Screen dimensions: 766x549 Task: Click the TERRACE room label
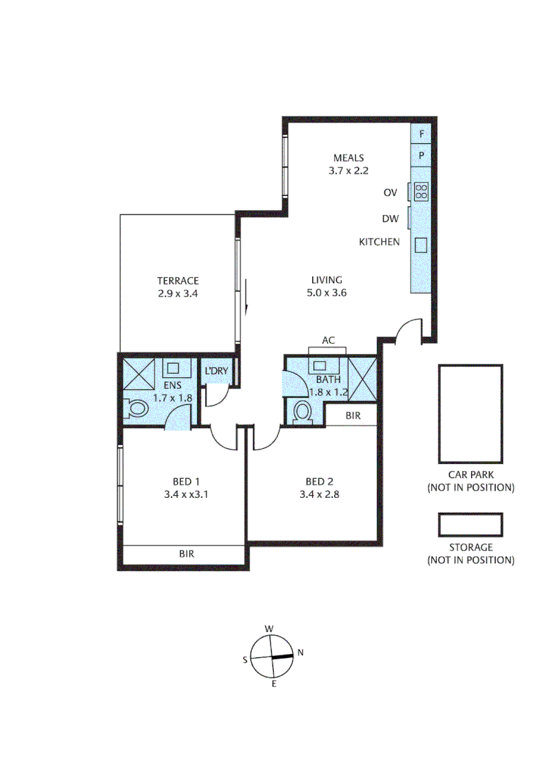[x=177, y=280]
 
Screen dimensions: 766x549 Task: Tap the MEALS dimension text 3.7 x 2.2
[x=348, y=170]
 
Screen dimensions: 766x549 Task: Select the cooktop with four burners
[x=421, y=191]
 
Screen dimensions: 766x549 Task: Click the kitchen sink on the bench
[x=421, y=244]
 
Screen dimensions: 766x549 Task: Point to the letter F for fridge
[x=421, y=133]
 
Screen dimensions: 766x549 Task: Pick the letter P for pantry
[x=421, y=155]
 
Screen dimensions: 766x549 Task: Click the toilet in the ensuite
[x=137, y=409]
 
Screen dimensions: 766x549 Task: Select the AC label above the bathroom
[x=328, y=340]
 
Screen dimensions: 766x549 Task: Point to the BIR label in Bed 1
[x=187, y=554]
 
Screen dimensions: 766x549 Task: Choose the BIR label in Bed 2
[x=353, y=416]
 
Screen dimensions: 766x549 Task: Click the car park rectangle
[x=470, y=413]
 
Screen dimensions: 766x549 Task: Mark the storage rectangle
[x=470, y=525]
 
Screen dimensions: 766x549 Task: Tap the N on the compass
[x=300, y=653]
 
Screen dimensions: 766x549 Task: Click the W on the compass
[x=269, y=628]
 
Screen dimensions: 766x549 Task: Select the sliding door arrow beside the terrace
[x=245, y=297]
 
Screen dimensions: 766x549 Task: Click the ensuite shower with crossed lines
[x=139, y=374]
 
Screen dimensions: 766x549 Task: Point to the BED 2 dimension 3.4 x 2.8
[x=319, y=495]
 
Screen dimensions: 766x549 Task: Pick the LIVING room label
[x=326, y=279]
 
